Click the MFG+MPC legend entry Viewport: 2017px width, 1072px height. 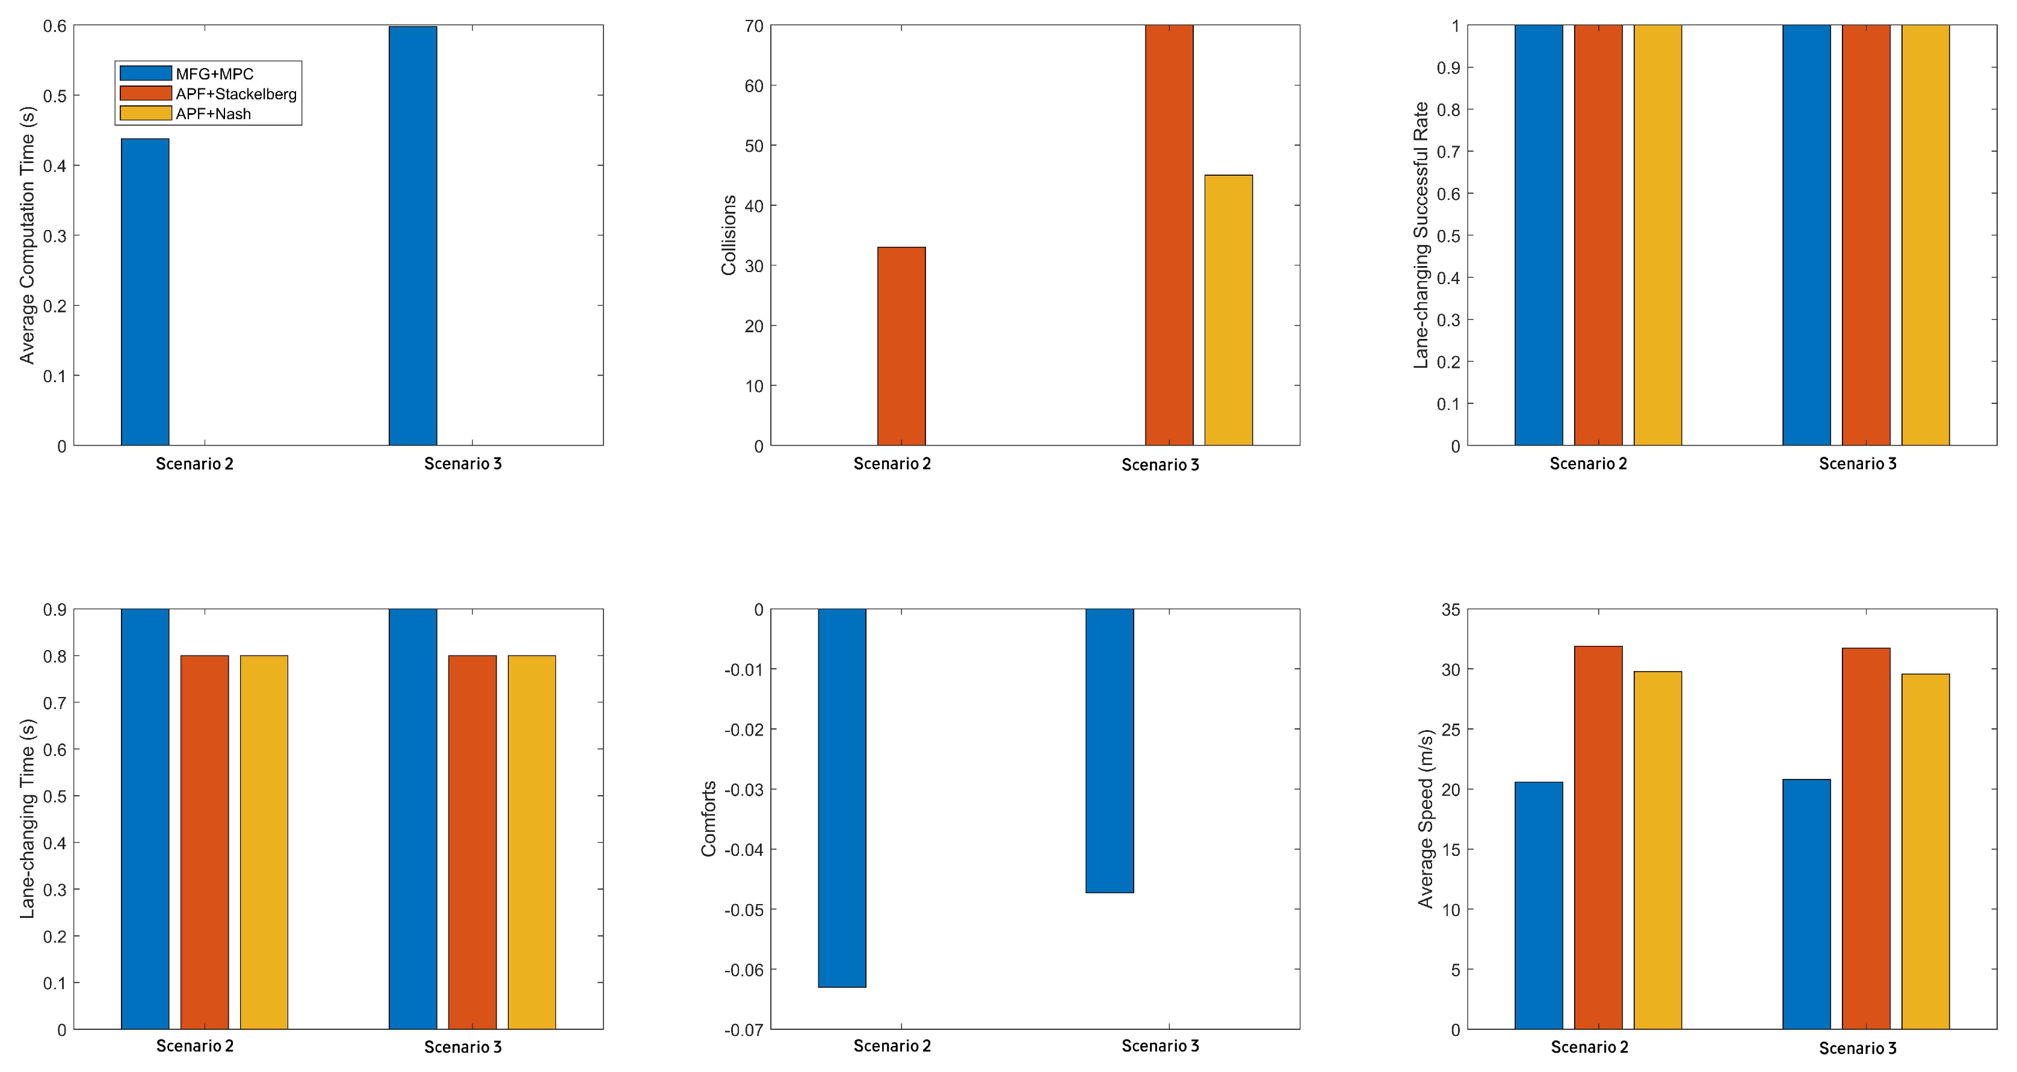[214, 73]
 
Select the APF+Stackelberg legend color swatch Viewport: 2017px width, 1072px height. [146, 93]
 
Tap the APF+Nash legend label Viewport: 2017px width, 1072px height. [213, 114]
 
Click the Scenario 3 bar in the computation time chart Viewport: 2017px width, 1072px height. [413, 235]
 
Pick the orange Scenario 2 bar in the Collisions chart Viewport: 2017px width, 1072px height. [901, 346]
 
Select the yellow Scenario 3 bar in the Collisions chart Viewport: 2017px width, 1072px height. [1229, 310]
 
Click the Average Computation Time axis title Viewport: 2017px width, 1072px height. [28, 235]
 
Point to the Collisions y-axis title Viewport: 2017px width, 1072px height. [729, 235]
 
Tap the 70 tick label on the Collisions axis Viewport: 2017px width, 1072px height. [753, 26]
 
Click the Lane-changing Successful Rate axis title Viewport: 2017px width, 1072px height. [1421, 235]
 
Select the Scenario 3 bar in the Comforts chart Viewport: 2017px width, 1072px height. [1110, 750]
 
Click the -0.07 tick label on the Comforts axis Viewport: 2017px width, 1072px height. [743, 1030]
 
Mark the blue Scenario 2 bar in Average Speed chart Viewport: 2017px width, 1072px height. [1539, 905]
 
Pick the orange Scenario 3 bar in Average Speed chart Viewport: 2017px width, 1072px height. [1866, 838]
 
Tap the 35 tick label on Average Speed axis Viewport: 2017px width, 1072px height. [1451, 610]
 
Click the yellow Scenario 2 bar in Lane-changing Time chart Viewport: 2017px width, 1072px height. [264, 842]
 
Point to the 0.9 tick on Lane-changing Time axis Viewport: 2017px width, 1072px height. [55, 610]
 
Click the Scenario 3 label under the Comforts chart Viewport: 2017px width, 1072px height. [1160, 1046]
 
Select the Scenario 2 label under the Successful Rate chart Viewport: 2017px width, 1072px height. [1588, 463]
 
